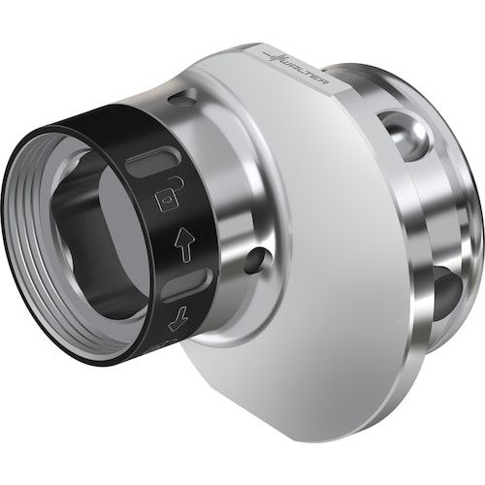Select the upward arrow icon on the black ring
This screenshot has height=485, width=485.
point(184,244)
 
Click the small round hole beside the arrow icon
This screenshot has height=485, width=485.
point(258,260)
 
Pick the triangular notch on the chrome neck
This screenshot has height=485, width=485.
point(183,97)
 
